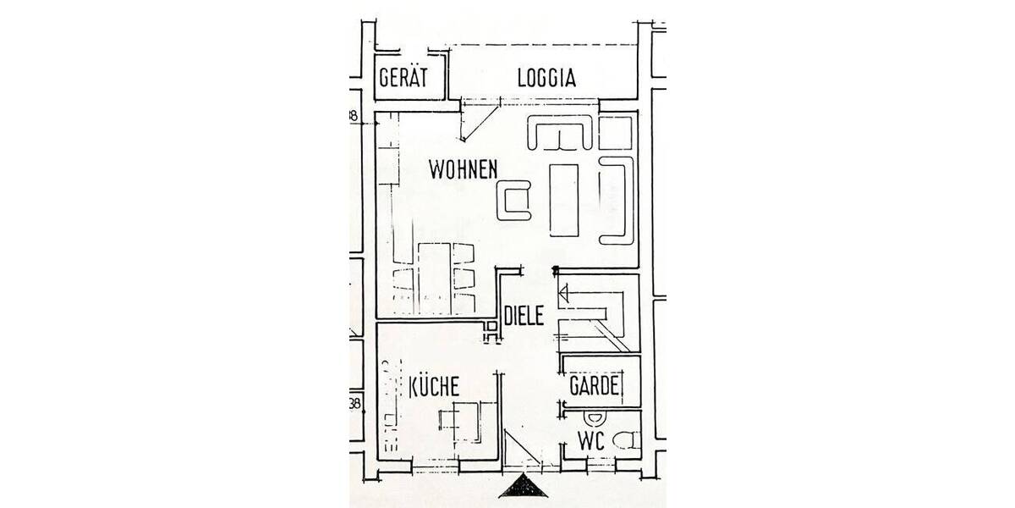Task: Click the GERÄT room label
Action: [403, 78]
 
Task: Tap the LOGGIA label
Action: [546, 78]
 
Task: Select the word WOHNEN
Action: [462, 169]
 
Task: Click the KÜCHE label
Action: [434, 388]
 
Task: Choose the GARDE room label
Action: [595, 388]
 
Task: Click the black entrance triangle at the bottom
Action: [524, 489]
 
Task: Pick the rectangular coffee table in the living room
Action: [564, 199]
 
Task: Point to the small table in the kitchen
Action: [462, 418]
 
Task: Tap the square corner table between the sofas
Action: [616, 132]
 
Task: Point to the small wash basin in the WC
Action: [594, 418]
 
